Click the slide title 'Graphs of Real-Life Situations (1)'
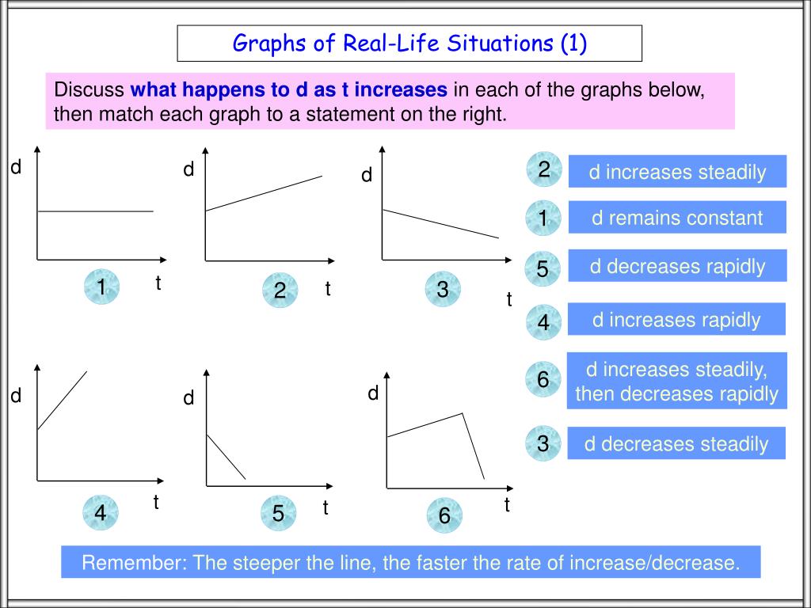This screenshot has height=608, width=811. pos(409,43)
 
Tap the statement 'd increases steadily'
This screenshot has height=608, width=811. pos(677,172)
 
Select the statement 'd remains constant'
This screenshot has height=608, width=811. pos(677,218)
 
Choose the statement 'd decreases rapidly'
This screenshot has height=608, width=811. pos(677,266)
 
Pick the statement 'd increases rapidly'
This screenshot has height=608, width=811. pos(676,319)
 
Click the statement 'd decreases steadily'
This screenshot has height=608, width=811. pos(676,443)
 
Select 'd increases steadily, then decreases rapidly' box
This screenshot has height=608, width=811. pos(676,381)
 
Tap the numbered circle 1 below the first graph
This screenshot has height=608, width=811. pos(101,288)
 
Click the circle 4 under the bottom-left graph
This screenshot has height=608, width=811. pos(101,514)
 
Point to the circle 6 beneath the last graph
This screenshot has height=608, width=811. pos(444,516)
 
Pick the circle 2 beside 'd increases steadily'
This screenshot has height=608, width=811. pos(543,169)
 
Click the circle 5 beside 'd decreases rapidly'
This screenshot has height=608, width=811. pos(543,269)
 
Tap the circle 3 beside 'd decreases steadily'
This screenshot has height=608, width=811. pos(543,445)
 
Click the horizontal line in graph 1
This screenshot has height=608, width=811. pos(95,211)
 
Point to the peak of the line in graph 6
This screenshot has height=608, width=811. pos(463,413)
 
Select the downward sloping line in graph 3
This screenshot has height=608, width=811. pos(440,223)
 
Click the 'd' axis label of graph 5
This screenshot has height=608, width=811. pos(188,398)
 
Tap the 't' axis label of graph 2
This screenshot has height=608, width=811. pos(326,289)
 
